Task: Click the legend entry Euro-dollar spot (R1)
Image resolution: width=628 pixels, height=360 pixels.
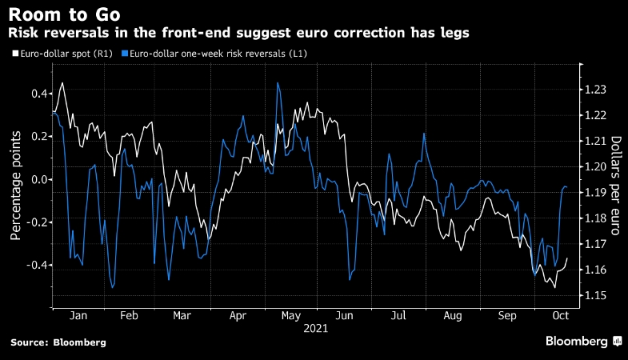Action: [x=61, y=54]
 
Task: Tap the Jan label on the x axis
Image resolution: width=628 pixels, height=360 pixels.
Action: [x=78, y=316]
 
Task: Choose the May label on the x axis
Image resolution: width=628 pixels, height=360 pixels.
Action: [x=290, y=316]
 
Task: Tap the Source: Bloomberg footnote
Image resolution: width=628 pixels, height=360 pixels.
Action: [x=58, y=342]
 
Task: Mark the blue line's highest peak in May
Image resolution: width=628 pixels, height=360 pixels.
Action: [x=278, y=82]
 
